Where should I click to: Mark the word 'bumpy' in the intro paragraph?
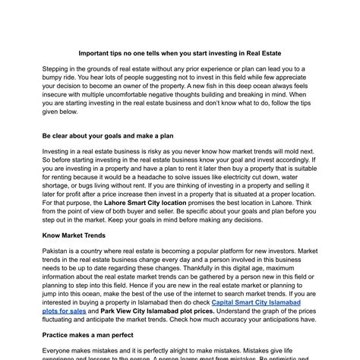click(55, 78)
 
